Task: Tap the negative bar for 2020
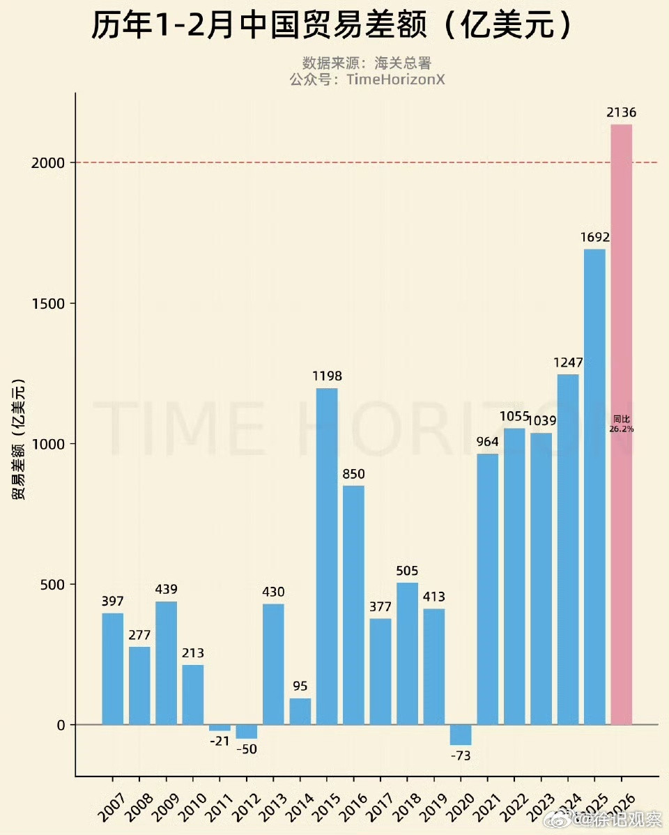click(x=461, y=735)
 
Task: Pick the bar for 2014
click(x=300, y=712)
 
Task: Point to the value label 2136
click(x=622, y=112)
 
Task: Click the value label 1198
click(x=327, y=376)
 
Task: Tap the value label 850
click(x=353, y=474)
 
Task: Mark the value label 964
click(x=488, y=441)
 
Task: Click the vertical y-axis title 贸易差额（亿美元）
click(x=18, y=439)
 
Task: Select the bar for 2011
click(x=220, y=728)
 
